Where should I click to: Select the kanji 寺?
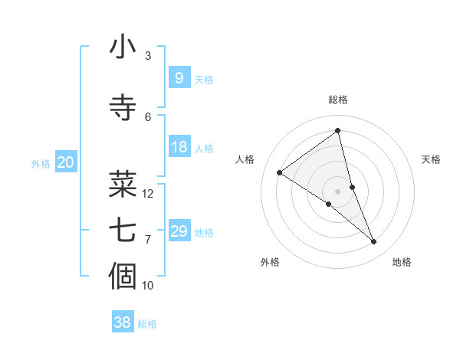[x=123, y=106]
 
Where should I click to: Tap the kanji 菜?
[x=123, y=183]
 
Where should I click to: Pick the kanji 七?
[x=123, y=230]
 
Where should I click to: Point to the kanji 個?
[x=123, y=276]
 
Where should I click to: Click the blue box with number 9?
[x=179, y=77]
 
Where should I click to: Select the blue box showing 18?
[x=179, y=147]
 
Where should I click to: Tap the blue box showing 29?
[x=179, y=231]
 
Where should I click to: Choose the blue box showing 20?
[x=66, y=162]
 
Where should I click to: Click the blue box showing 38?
[x=123, y=322]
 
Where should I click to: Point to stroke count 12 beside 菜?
[x=148, y=194]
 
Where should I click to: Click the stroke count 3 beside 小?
[x=148, y=56]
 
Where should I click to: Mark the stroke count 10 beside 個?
[x=148, y=286]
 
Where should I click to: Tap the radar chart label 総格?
[x=338, y=100]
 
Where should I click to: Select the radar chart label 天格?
[x=431, y=159]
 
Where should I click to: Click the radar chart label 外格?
[x=270, y=262]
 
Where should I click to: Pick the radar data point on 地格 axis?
[x=374, y=242]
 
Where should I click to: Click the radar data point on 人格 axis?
[x=280, y=172]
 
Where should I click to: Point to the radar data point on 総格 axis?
[x=338, y=130]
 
